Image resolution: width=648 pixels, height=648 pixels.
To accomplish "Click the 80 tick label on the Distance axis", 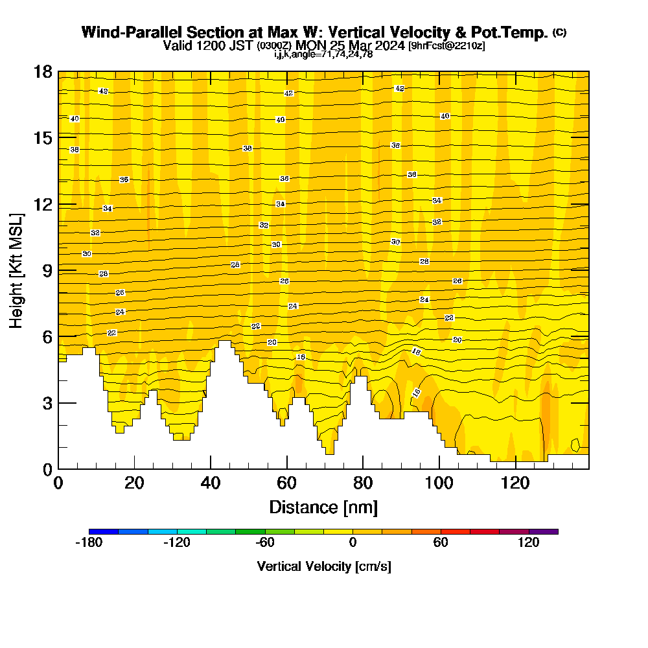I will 363,483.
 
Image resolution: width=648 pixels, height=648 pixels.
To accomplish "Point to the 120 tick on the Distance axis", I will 516,469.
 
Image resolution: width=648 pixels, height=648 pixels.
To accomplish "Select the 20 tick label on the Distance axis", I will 134,483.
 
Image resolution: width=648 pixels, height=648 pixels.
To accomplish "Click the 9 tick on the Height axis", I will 58,270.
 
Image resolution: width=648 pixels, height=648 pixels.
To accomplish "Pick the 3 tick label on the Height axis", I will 46,403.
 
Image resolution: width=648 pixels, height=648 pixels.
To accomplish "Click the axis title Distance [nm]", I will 323,507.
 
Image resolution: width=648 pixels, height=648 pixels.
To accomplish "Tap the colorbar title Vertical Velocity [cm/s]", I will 324,566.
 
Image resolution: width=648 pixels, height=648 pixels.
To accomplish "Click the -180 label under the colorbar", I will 89,543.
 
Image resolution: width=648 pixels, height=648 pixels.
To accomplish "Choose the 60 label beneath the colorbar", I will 441,543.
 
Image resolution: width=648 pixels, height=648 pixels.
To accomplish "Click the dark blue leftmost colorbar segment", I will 104,531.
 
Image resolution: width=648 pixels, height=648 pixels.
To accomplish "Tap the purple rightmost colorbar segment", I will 543,531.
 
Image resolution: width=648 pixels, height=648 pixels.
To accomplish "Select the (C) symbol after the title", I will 559,32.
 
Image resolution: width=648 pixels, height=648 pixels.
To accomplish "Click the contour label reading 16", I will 301,357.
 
